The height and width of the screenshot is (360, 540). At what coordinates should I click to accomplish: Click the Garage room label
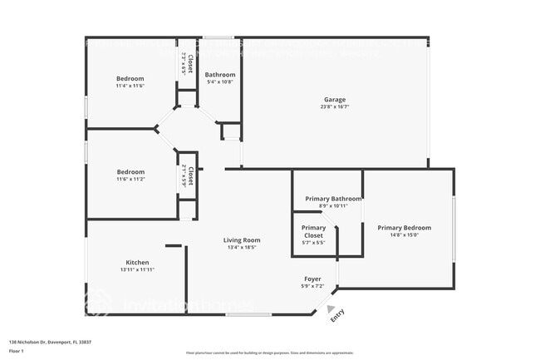point(334,100)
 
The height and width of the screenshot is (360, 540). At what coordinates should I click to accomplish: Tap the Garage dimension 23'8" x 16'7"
point(334,106)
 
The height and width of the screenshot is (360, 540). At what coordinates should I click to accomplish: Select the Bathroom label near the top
point(220,75)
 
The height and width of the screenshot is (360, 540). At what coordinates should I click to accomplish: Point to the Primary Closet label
point(313,231)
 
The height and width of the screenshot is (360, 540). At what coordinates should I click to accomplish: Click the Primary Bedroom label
point(404,228)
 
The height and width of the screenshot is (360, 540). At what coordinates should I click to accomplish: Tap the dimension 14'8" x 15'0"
point(404,235)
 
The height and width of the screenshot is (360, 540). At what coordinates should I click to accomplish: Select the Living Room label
point(242,240)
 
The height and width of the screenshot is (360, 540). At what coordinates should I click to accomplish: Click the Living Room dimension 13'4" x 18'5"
point(242,247)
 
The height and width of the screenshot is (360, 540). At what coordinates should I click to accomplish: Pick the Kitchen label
point(137,263)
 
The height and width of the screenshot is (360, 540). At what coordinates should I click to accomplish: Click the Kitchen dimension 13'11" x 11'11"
point(137,270)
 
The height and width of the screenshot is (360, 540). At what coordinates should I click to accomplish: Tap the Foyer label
point(312,279)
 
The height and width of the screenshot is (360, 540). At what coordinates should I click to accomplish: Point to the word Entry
point(337,316)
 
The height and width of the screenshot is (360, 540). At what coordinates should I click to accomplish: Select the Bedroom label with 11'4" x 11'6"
point(130,78)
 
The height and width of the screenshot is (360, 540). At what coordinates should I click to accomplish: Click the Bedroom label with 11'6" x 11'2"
point(130,172)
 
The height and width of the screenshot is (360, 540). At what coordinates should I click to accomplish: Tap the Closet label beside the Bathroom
point(190,64)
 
